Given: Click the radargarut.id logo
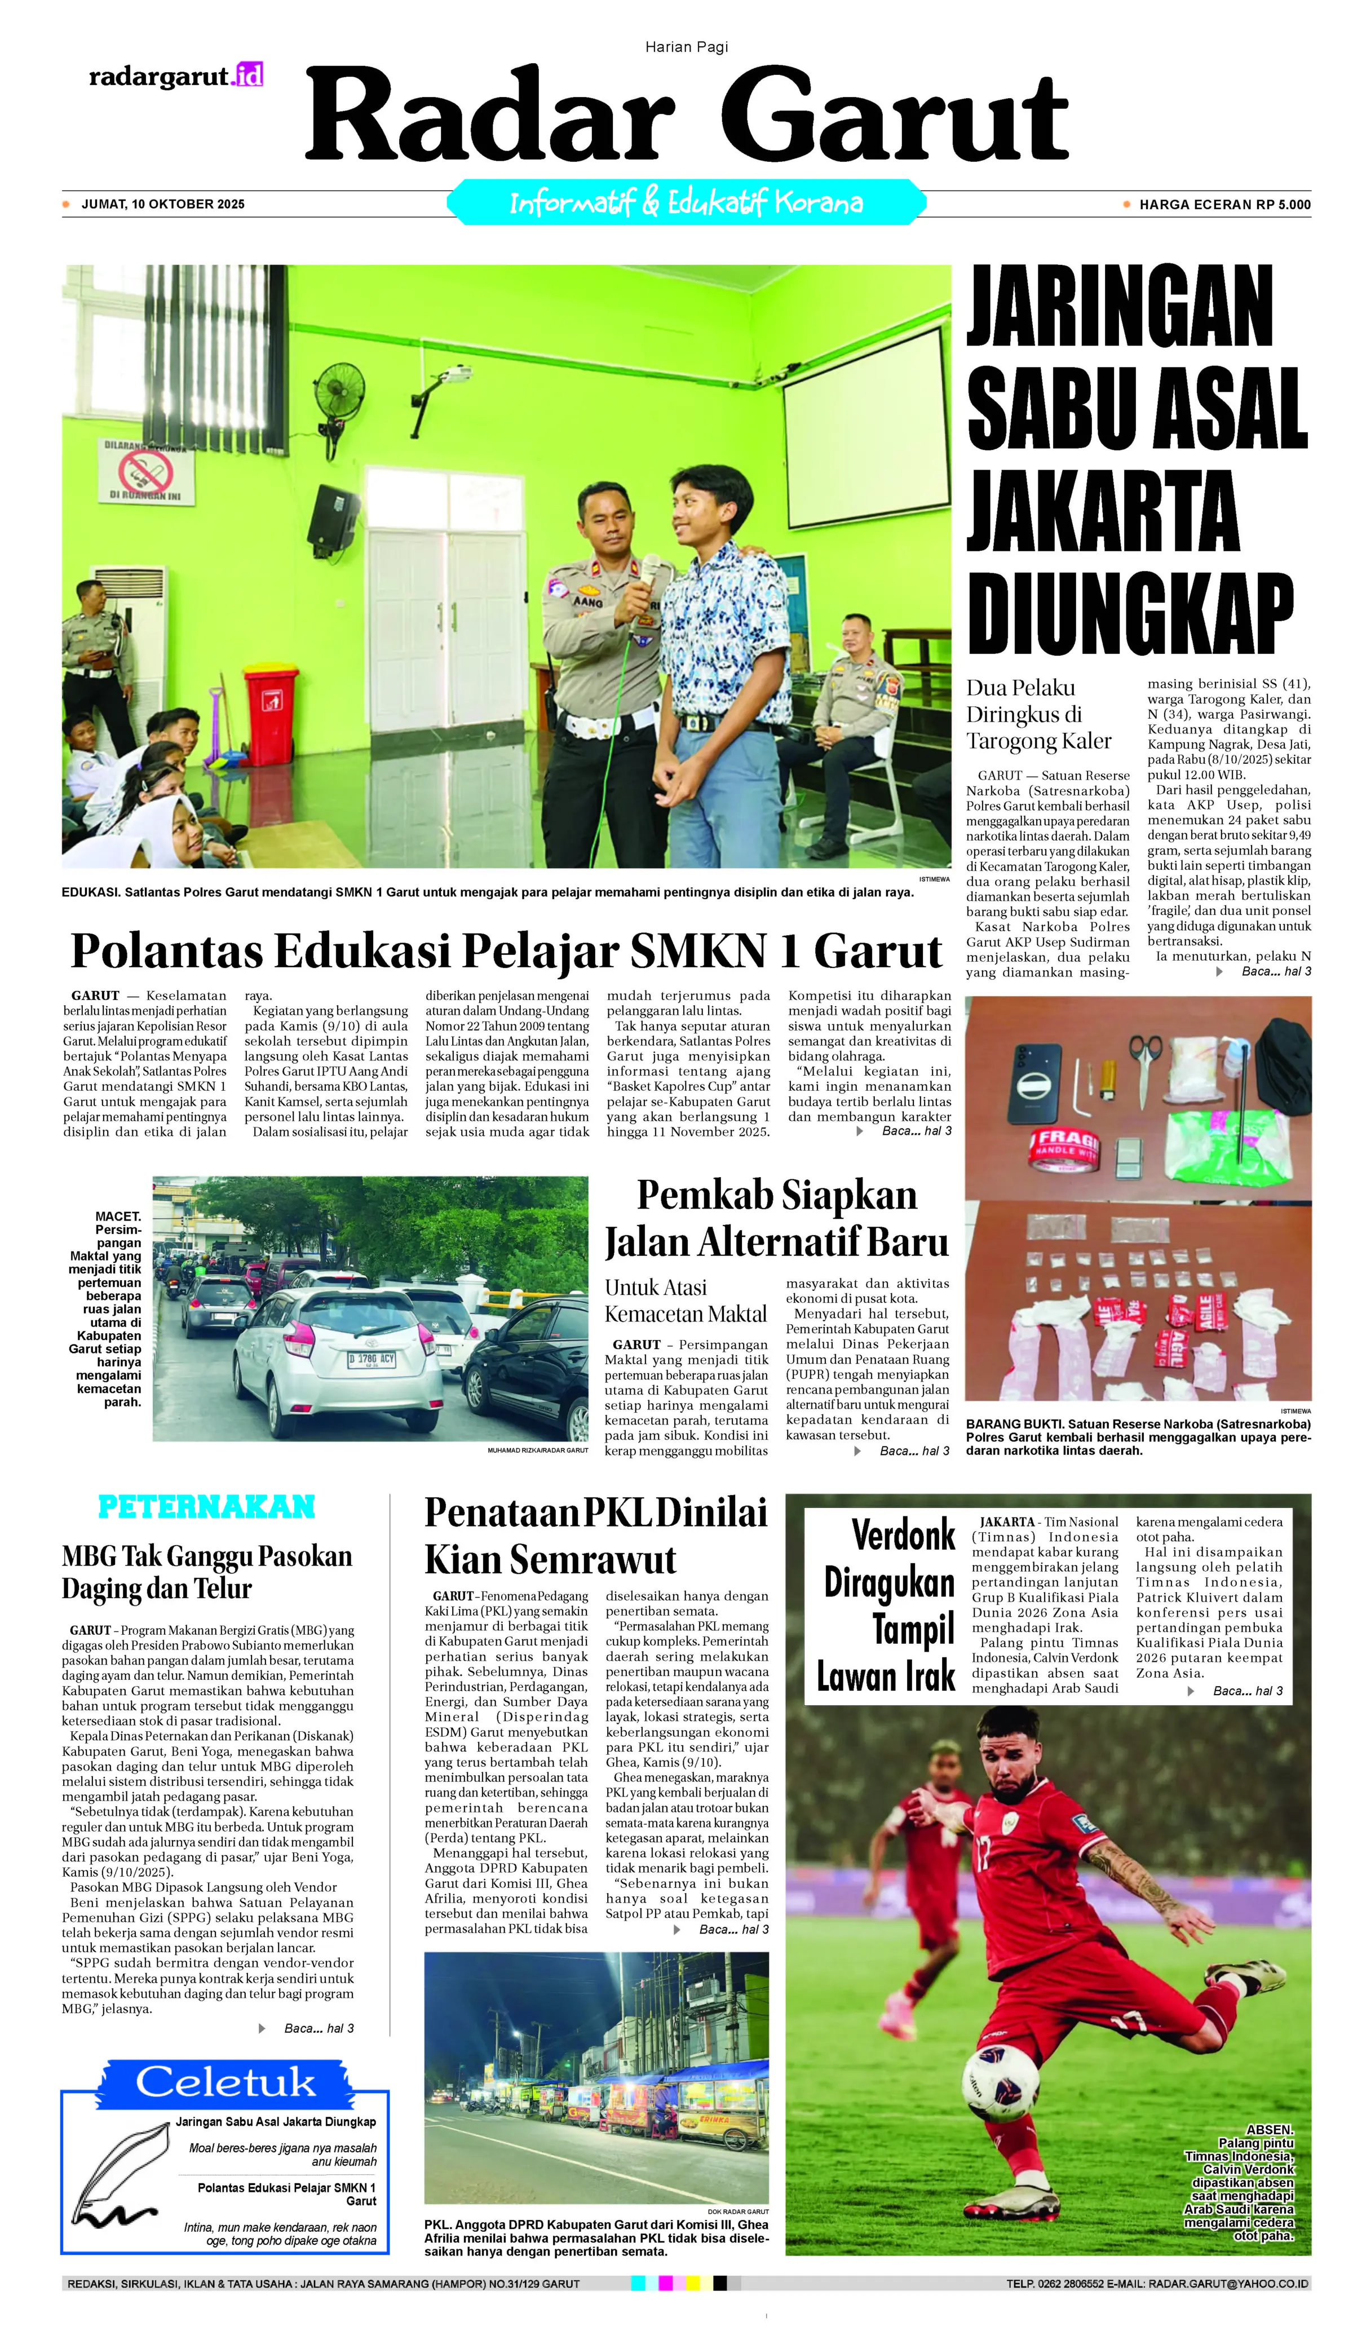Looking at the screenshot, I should pyautogui.click(x=176, y=76).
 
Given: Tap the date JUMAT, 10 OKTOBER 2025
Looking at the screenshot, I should pyautogui.click(x=163, y=205).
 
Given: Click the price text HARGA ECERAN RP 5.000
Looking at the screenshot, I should pyautogui.click(x=1223, y=205).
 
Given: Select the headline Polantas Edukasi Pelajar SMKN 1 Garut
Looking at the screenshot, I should pyautogui.click(x=506, y=951).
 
